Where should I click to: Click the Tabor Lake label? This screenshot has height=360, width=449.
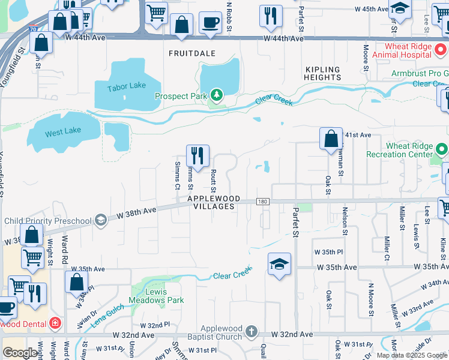127,86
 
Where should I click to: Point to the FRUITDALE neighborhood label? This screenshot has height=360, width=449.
191,53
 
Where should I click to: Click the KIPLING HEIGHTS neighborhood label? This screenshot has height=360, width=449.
322,73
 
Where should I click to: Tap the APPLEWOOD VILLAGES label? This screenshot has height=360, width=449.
213,202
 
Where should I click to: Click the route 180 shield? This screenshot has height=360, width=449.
262,202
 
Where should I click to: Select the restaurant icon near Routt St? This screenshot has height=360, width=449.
197,156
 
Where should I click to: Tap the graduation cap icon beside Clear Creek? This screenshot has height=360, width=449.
279,264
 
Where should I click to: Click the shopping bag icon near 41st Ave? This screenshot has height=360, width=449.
331,139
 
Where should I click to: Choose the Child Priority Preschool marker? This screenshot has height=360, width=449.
100,220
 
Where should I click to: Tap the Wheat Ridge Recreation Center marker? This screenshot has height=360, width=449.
442,149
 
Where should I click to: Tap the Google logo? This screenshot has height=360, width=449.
21,352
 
